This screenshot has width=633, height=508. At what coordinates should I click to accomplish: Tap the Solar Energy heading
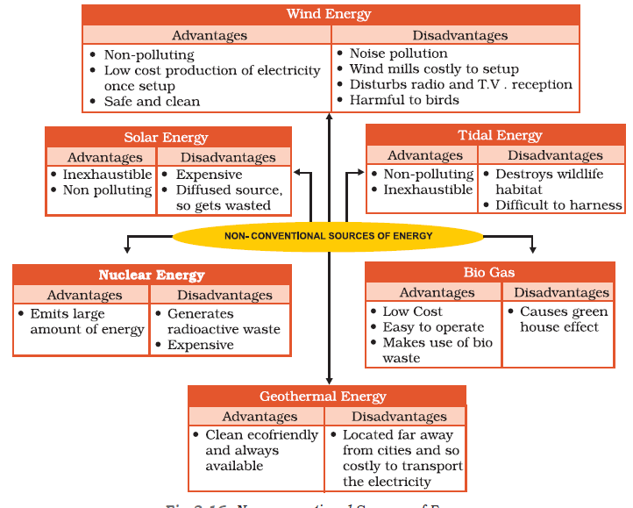coord(167,137)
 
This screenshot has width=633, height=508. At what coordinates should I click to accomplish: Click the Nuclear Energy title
coord(152,275)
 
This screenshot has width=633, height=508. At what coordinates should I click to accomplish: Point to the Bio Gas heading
coord(489,272)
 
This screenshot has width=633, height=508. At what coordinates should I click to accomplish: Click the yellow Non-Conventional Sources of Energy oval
coord(328,236)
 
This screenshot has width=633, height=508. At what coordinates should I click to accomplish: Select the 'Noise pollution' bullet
coord(398,54)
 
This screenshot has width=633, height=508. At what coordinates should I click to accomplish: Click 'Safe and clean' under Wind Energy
coord(152,102)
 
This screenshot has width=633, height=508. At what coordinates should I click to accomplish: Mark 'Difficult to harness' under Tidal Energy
coord(558,205)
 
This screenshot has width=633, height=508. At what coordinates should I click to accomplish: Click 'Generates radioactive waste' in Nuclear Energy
coord(224,321)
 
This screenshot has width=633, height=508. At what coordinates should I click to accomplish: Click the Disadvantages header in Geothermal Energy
coord(399,417)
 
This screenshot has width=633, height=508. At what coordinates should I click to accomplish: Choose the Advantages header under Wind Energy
coord(209,35)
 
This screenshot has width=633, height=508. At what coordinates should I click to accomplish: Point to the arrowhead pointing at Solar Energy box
coord(299,173)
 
